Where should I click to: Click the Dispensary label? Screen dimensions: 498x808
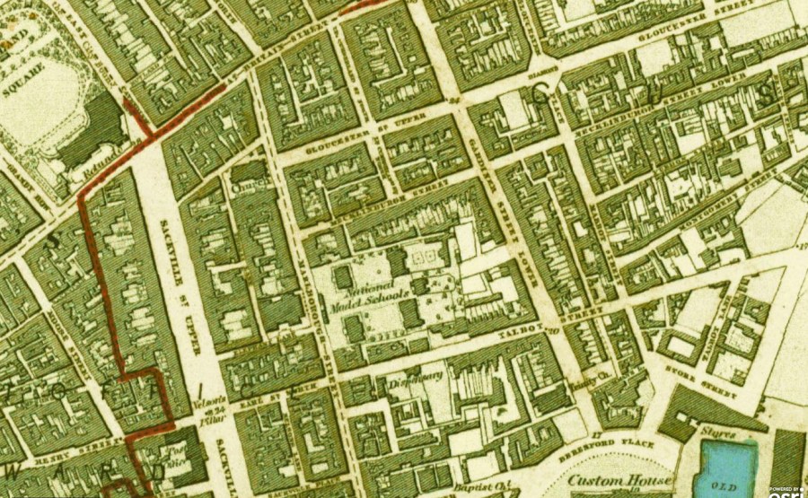(420, 377)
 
